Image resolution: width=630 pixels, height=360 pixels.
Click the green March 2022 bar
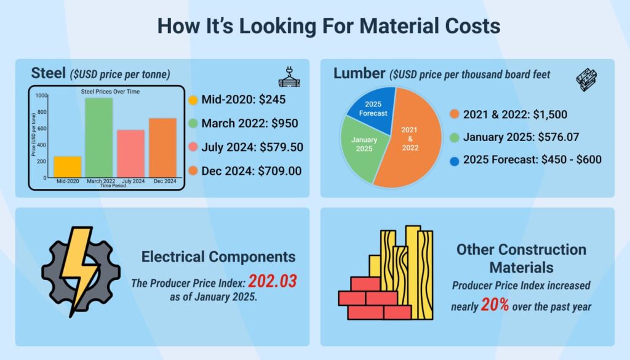click(x=98, y=138)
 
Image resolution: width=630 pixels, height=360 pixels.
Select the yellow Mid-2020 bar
click(x=67, y=167)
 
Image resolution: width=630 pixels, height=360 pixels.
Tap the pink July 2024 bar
click(x=130, y=153)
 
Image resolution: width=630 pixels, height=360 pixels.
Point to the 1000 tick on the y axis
click(x=41, y=95)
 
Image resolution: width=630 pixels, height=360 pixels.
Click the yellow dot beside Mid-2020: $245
click(x=193, y=100)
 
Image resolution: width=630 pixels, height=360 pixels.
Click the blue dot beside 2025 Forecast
click(x=454, y=160)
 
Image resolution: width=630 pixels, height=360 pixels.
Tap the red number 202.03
click(x=273, y=282)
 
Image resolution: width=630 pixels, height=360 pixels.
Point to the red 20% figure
click(x=495, y=305)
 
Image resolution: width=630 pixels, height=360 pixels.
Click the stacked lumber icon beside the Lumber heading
click(x=586, y=78)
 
